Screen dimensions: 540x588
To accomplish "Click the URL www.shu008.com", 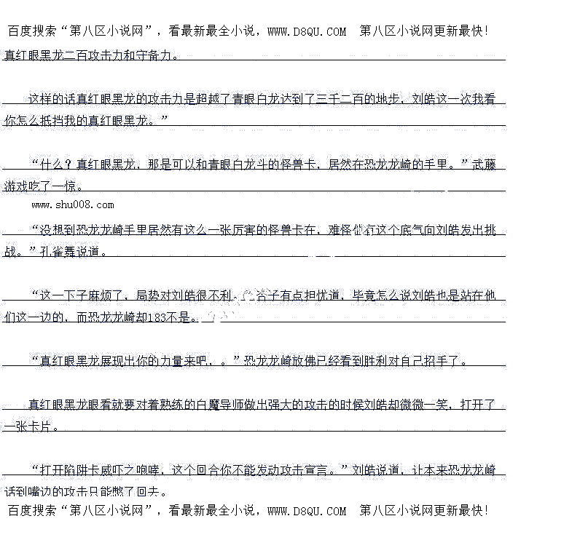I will tap(73, 205).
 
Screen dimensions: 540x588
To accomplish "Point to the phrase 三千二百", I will tap(342, 99).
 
